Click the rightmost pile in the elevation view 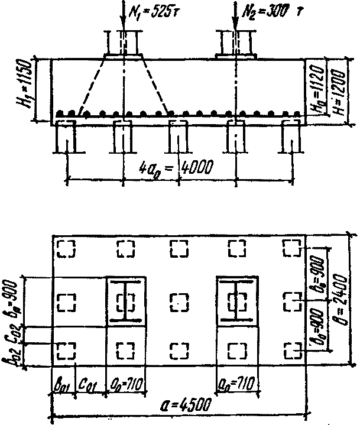291,139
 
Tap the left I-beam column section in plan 126,301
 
